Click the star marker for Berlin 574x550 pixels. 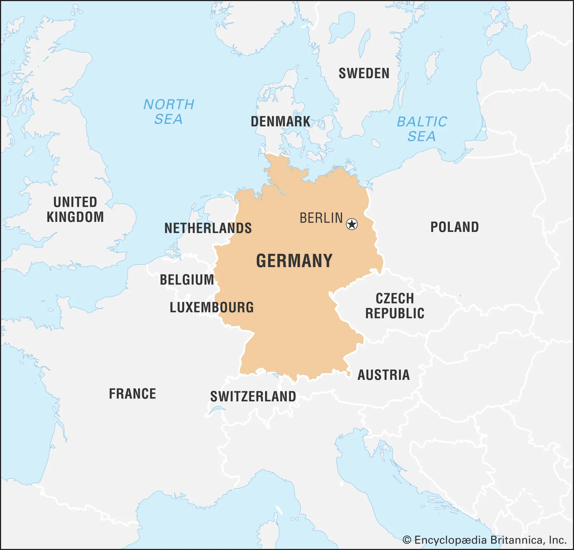(x=352, y=224)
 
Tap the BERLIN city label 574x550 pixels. (x=321, y=218)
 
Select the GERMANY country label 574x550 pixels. (x=294, y=261)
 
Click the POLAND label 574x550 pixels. (x=455, y=227)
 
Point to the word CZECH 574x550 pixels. (x=395, y=299)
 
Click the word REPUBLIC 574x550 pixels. (x=395, y=313)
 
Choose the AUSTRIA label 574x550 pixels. (x=384, y=375)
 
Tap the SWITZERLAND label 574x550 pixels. (x=253, y=397)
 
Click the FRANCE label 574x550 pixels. (x=132, y=394)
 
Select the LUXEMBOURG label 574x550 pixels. (x=212, y=308)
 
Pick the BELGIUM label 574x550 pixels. (x=187, y=280)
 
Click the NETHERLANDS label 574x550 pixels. (x=208, y=228)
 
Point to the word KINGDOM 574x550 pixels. (x=75, y=217)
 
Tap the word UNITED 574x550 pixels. (x=75, y=202)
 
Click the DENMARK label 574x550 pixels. (x=281, y=122)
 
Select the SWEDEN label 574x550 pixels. (x=364, y=74)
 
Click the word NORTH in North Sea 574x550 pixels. (x=169, y=104)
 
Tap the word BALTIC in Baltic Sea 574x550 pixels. (x=422, y=122)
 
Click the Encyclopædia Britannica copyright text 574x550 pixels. (x=490, y=540)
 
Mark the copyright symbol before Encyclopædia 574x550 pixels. (x=407, y=540)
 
